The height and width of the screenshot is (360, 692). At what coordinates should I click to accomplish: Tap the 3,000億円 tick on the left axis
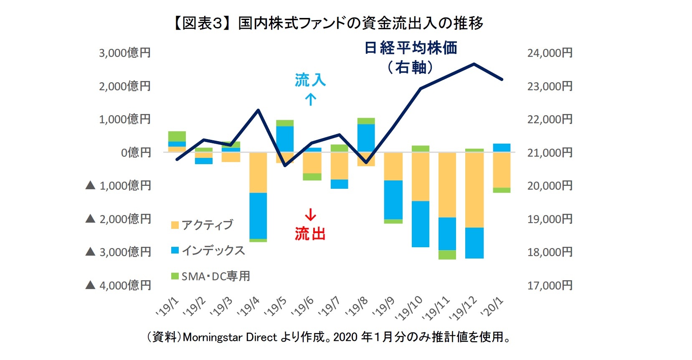124,53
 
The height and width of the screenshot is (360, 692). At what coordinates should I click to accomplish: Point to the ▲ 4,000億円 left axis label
118,286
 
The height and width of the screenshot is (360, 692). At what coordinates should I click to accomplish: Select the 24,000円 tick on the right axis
550,53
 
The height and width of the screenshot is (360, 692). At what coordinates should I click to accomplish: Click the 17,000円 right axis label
550,286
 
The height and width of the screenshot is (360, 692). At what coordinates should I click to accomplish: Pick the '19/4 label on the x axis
249,307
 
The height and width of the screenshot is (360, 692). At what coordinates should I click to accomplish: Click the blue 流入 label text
310,80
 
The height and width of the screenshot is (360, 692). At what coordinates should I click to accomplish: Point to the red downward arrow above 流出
310,215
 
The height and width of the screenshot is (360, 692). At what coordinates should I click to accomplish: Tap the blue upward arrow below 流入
310,99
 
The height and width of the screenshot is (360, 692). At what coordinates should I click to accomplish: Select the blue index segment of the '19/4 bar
258,215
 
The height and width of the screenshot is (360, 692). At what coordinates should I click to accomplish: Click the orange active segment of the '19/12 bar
474,190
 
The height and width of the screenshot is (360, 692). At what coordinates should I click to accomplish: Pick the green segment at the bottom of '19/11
447,255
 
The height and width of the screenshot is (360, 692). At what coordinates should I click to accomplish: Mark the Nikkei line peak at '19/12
474,64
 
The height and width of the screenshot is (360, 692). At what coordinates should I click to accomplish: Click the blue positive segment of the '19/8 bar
366,138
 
